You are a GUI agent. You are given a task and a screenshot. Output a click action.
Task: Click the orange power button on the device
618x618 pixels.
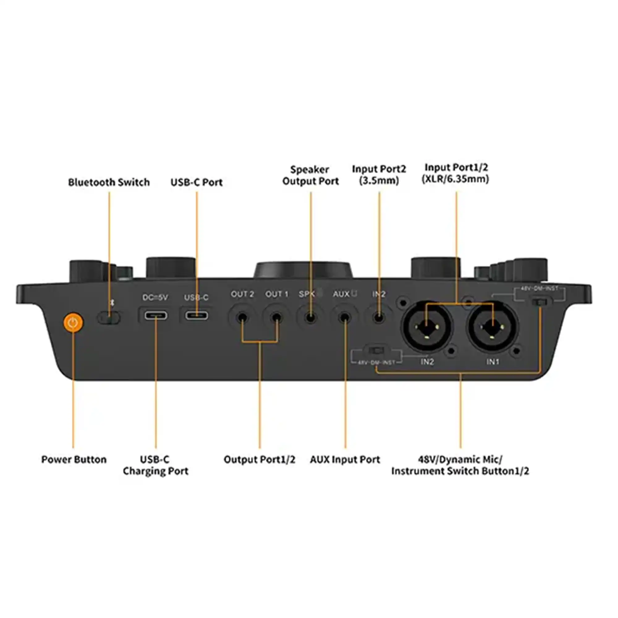73,323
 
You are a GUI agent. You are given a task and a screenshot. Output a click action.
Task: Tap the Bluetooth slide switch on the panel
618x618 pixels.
108,318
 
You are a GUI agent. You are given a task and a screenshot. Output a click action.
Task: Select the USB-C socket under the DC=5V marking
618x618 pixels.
156,315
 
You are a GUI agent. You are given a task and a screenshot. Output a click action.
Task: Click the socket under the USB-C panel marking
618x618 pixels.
197,316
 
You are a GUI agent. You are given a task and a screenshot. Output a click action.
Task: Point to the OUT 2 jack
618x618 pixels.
242,318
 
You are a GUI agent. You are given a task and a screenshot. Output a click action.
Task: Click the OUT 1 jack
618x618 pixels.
276,318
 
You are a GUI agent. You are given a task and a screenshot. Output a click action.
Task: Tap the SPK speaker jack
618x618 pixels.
310,318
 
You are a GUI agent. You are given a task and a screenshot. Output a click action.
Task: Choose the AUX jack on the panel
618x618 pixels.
345,318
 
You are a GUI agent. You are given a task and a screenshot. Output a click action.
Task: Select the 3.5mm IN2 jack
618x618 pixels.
379,318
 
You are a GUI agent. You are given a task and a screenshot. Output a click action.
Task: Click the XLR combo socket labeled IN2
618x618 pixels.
427,327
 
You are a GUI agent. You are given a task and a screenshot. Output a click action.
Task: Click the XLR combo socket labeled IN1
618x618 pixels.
492,327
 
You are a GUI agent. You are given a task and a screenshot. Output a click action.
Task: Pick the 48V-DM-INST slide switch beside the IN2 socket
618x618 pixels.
376,350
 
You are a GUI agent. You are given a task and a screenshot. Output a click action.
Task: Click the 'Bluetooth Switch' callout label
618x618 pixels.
109,182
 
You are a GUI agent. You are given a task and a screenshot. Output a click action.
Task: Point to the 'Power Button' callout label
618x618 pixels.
74,460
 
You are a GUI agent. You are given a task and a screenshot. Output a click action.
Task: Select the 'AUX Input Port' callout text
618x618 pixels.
345,460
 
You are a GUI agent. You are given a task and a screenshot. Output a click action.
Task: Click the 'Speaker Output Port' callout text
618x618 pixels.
310,175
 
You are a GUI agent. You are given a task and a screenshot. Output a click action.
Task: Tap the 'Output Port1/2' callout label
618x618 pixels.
260,460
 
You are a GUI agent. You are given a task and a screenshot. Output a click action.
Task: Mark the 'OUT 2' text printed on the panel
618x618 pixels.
242,294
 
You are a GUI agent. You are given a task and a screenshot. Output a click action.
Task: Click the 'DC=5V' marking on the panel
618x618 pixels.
155,298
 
